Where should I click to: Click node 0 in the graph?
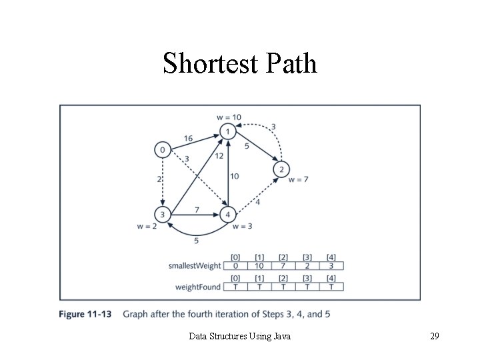pos(162,150)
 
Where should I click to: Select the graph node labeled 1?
pos(228,132)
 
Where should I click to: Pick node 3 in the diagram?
pos(162,215)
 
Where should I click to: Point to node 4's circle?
pos(228,215)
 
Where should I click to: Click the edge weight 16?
pos(188,138)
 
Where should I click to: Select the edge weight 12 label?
pos(219,156)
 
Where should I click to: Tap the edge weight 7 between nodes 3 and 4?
pos(197,210)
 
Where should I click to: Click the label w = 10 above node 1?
pos(229,117)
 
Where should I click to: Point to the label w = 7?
pos(299,179)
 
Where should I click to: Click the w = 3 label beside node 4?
pos(242,227)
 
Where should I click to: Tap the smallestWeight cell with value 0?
pos(235,266)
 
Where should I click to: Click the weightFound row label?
pos(198,287)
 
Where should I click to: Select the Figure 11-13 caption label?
pos(84,313)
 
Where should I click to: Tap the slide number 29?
pos(434,337)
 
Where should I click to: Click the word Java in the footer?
pos(282,337)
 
